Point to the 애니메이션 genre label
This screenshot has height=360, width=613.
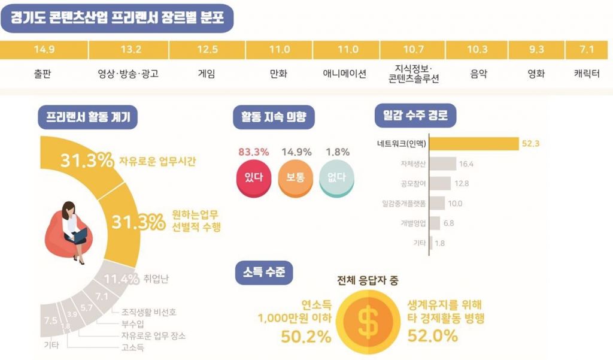344,75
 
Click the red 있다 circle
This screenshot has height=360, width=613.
254,177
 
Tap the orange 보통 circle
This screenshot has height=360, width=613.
296,177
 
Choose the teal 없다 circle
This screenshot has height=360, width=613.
336,177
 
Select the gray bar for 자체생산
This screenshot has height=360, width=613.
443,164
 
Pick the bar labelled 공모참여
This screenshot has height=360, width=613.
441,183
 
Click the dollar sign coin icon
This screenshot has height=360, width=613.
368,323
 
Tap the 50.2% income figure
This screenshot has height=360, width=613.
306,337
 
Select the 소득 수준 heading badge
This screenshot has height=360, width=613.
264,273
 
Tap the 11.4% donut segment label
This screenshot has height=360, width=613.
122,279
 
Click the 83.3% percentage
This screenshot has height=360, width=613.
254,152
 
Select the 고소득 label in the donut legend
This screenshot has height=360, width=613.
133,347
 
